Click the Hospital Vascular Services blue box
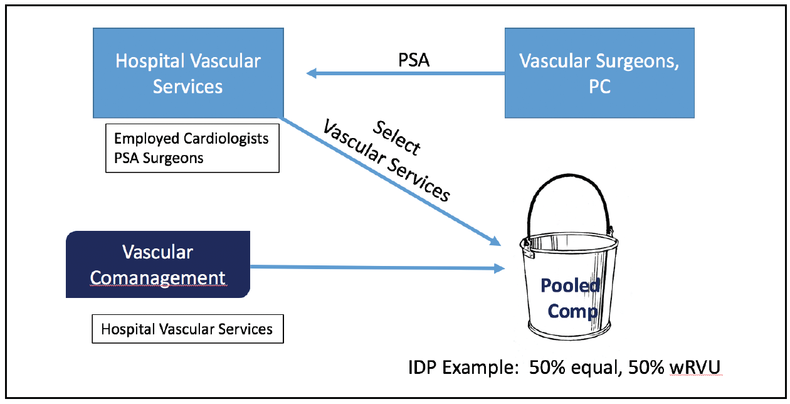[x=187, y=73]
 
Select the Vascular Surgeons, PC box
[x=599, y=73]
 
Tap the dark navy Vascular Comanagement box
[x=158, y=264]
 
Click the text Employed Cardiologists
[x=191, y=139]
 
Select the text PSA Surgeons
[x=159, y=158]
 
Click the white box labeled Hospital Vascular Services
[x=187, y=329]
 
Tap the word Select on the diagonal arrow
[x=396, y=137]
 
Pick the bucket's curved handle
[x=567, y=194]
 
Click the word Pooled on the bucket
[x=571, y=287]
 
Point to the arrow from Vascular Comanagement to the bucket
[x=376, y=268]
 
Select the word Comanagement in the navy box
[x=158, y=277]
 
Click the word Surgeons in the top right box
[x=640, y=61]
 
